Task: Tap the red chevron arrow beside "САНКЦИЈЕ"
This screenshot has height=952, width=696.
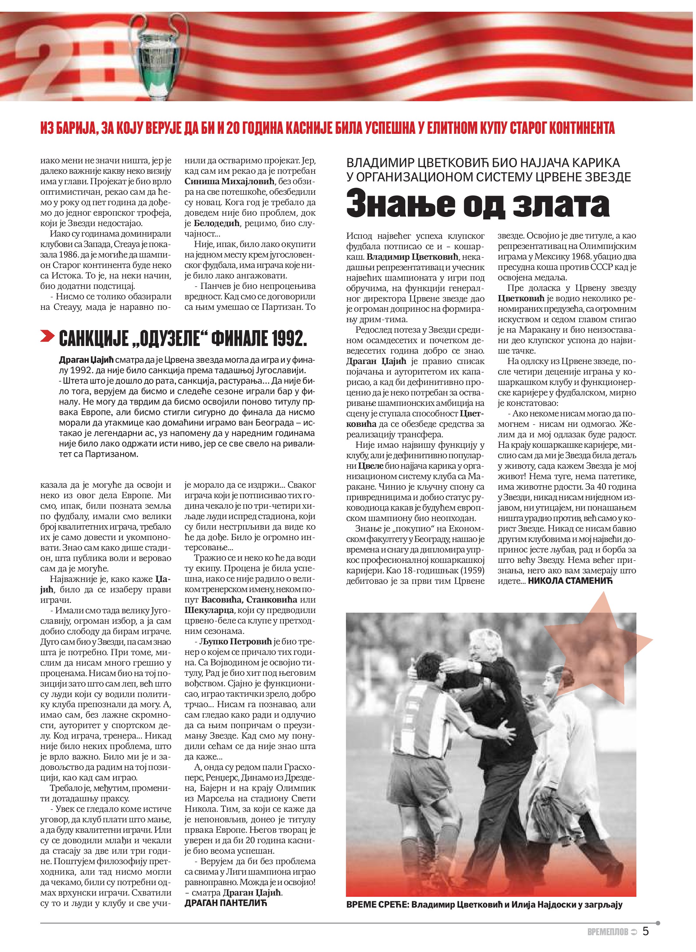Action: [48, 336]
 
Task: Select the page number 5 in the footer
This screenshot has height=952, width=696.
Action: [646, 931]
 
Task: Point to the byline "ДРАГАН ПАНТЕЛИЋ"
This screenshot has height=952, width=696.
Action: [225, 903]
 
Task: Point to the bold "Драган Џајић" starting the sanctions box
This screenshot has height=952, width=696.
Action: [86, 360]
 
